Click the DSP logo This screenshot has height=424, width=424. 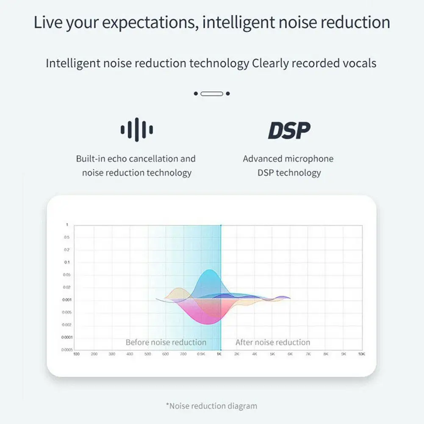point(289,130)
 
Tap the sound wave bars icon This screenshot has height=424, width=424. point(136,130)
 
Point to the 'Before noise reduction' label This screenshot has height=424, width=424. point(166,342)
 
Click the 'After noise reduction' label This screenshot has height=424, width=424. point(273,342)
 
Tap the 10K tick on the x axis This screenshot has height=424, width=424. point(361,354)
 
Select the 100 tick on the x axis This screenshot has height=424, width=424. point(76,354)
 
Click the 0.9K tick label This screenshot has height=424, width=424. point(201,354)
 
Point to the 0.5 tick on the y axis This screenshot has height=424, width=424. point(67,237)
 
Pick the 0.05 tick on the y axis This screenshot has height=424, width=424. point(66,275)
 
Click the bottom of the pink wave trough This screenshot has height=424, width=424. point(208,324)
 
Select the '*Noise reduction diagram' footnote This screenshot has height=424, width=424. point(211,406)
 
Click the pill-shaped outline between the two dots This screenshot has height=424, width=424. point(211,94)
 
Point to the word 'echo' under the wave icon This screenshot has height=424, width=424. point(117,159)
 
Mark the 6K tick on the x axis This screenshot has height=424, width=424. point(290,354)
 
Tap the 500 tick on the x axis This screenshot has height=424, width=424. point(147,354)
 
